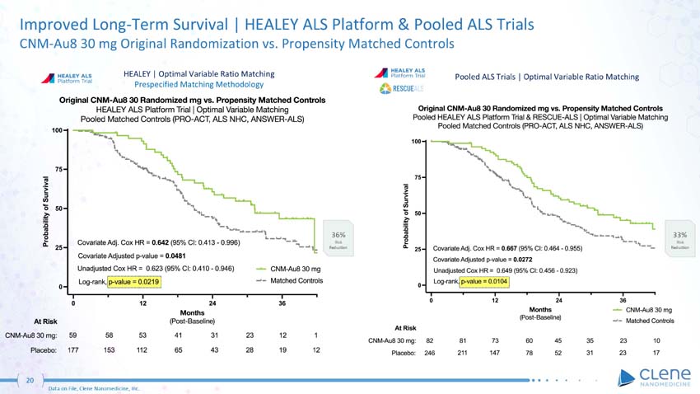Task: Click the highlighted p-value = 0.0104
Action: pos(485,281)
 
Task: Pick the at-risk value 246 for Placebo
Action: pos(429,355)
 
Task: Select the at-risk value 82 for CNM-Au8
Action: pos(430,340)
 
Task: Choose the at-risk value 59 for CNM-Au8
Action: pos(73,335)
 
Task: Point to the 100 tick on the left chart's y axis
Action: pos(58,130)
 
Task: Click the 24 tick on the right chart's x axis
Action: pos(558,298)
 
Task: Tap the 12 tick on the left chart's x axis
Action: pos(143,303)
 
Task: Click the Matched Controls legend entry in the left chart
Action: pos(288,280)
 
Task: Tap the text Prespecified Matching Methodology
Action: pos(198,84)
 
